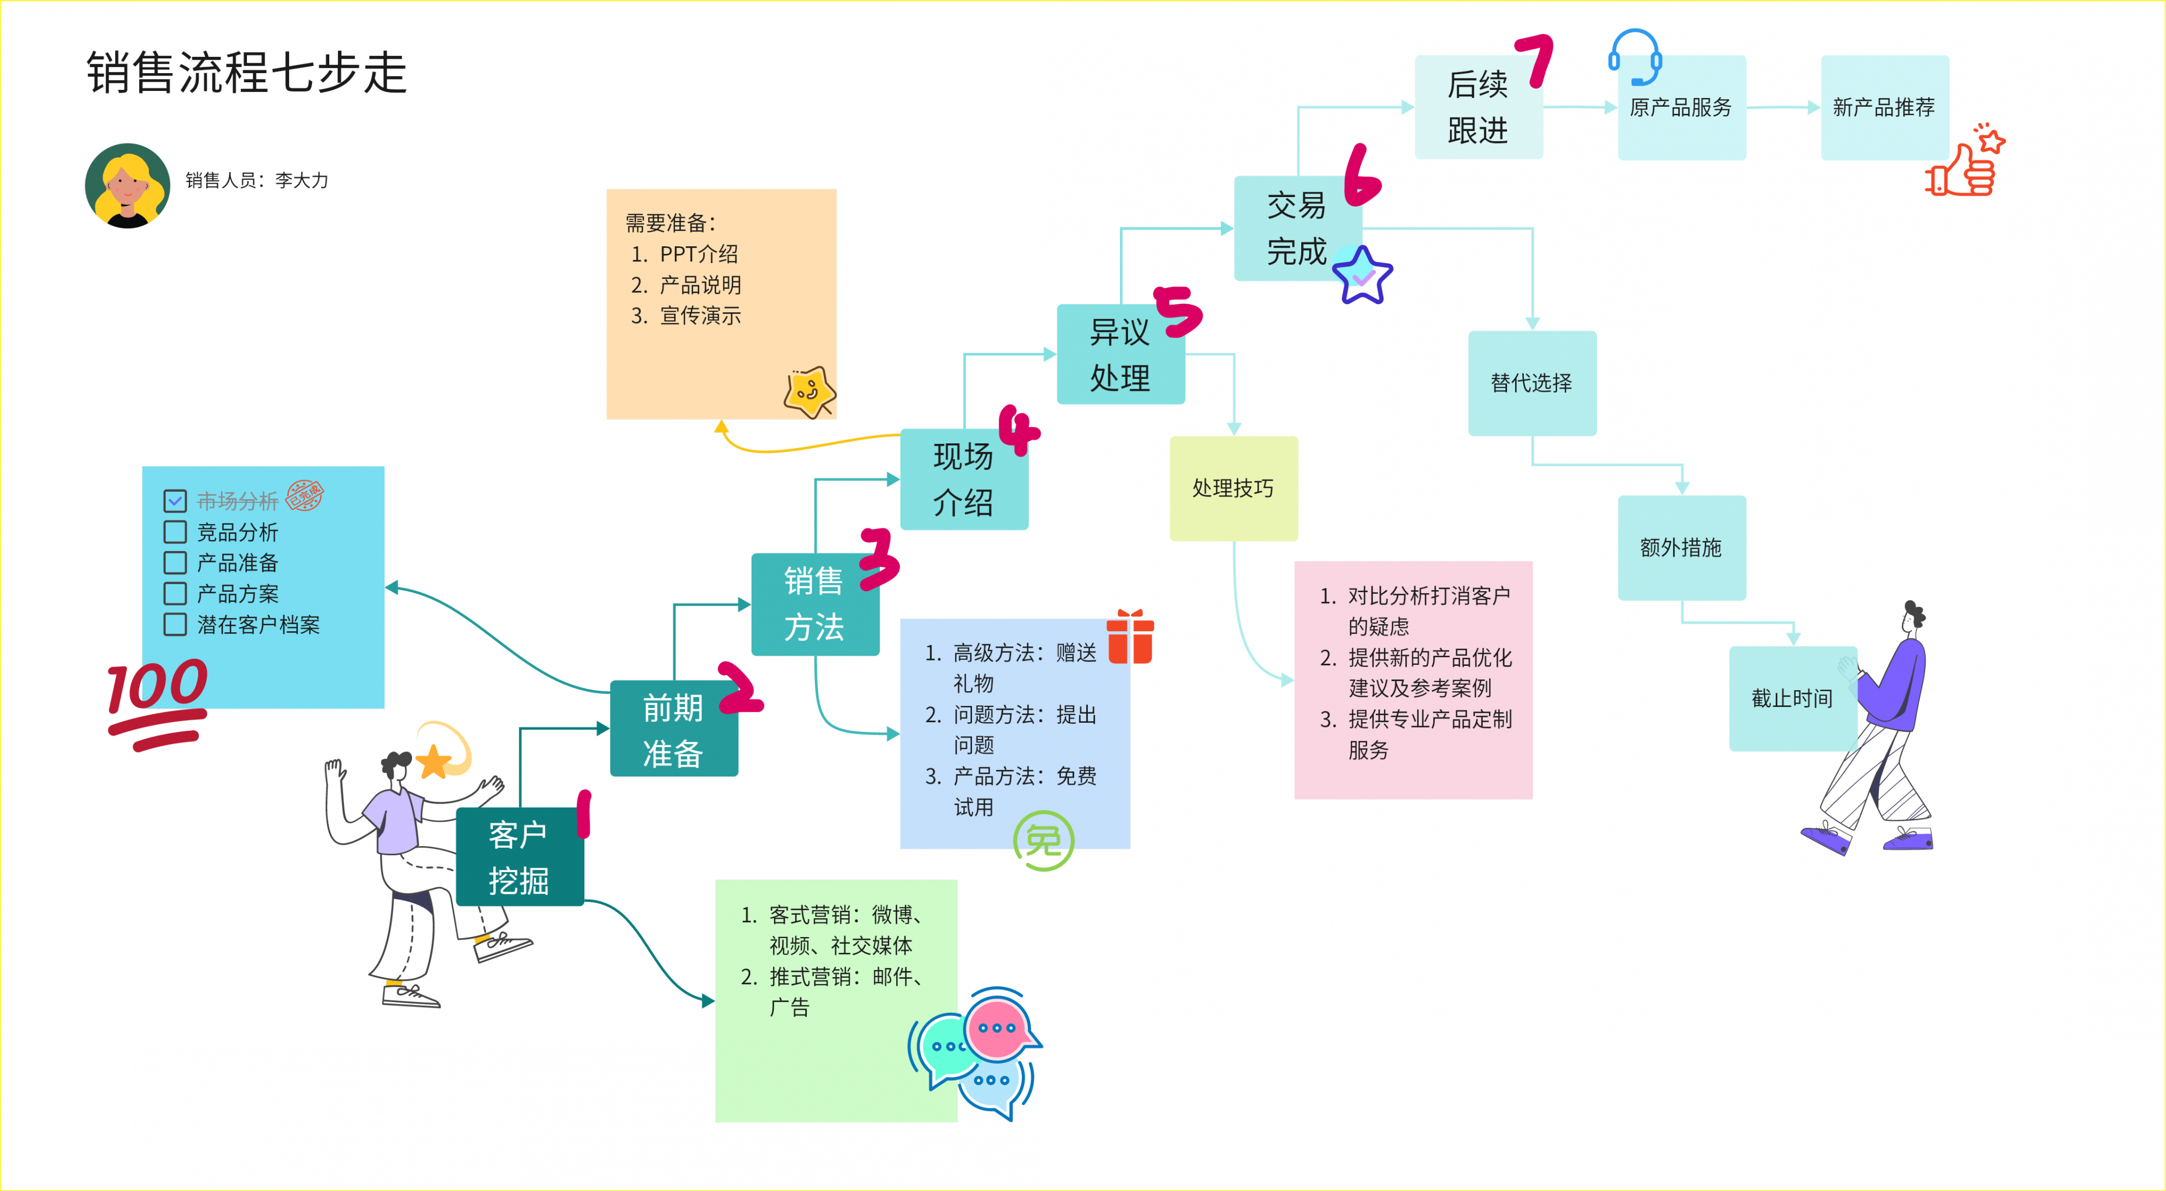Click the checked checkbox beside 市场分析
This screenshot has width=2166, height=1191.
(x=175, y=501)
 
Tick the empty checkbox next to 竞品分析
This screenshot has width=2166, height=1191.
(x=175, y=532)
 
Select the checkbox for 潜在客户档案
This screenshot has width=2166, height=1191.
(x=175, y=625)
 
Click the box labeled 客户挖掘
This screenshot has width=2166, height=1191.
(x=519, y=858)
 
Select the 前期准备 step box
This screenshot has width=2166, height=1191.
(x=673, y=730)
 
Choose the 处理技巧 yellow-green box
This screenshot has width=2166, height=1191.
(x=1232, y=488)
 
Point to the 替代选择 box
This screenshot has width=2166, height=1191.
(x=1531, y=383)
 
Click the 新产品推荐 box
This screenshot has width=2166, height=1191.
(x=1883, y=108)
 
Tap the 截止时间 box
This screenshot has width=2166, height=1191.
(x=1792, y=698)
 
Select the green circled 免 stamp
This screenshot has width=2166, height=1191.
(x=1043, y=841)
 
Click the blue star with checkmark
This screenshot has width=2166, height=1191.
(x=1362, y=275)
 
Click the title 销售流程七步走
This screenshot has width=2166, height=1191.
(x=247, y=73)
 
